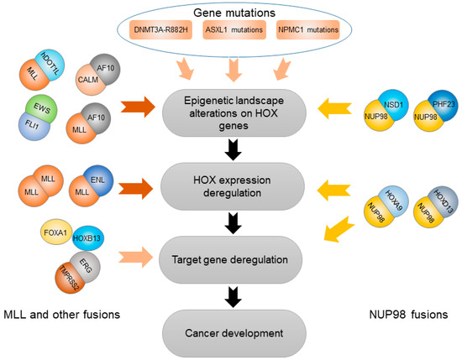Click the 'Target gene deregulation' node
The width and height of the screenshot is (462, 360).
[x=233, y=250]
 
